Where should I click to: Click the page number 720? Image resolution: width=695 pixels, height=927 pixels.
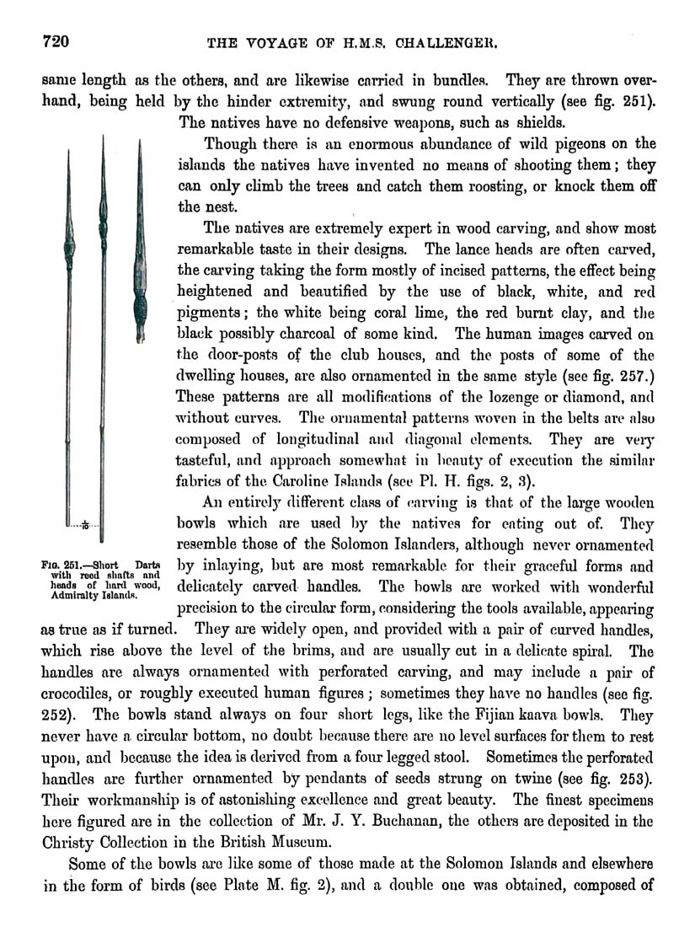[x=38, y=40]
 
